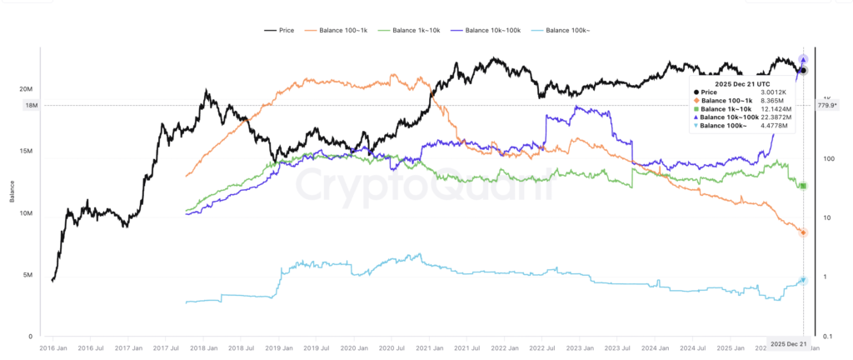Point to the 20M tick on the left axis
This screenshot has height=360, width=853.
coord(26,89)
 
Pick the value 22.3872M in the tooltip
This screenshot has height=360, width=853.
coord(776,117)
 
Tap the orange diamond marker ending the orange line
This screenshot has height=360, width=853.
coord(803,232)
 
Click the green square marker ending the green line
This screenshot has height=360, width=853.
coord(803,186)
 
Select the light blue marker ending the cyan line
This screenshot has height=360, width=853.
coord(803,280)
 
